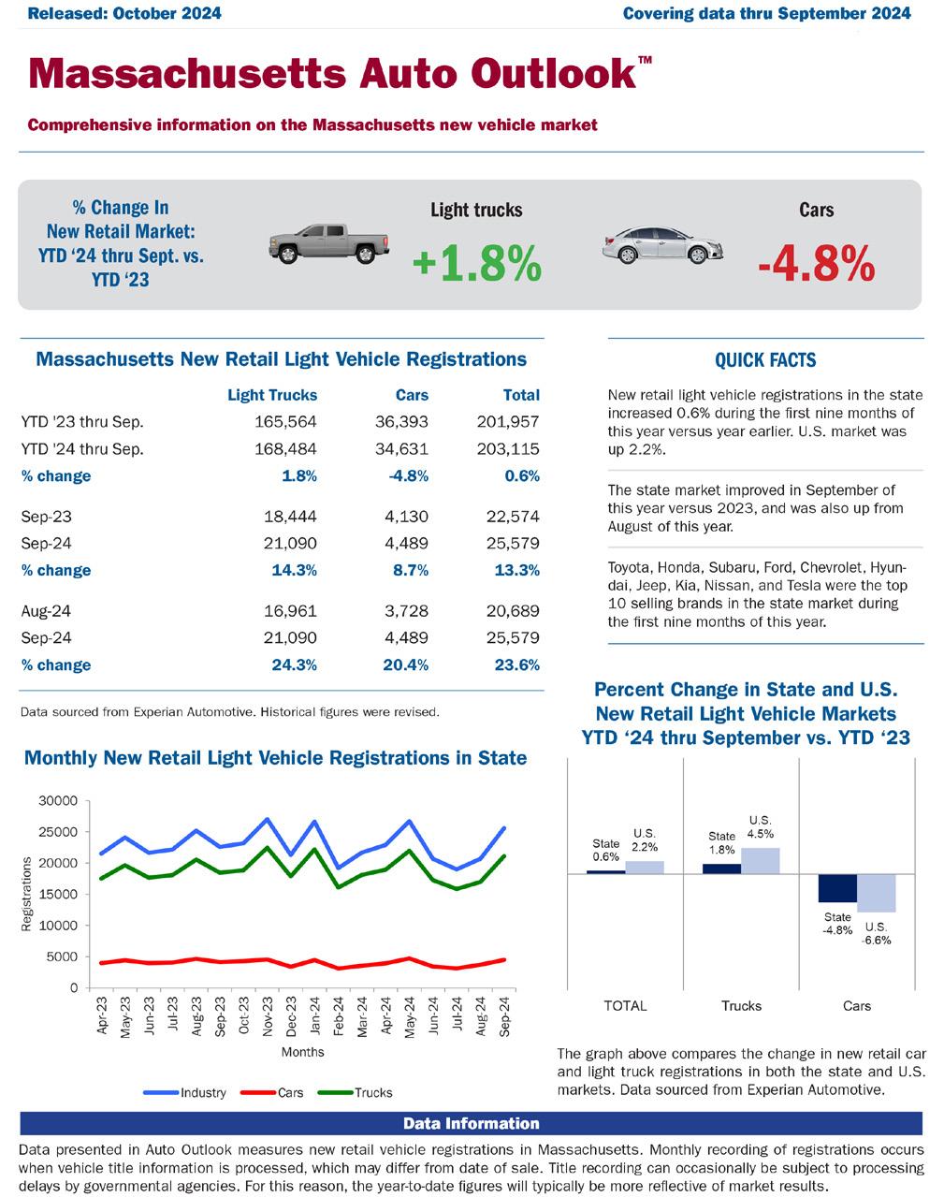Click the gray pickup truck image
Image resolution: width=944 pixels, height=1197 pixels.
point(328,244)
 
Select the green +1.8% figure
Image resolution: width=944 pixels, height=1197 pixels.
point(476,264)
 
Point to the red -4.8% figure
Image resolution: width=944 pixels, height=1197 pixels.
point(816,264)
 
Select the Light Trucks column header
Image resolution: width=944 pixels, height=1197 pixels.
point(272,395)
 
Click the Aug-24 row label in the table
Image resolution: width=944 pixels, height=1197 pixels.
point(46,611)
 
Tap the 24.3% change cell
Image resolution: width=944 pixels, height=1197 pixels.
point(294,665)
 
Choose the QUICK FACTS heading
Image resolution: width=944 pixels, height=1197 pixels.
point(765,360)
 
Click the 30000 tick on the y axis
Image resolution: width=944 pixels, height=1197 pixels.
point(58,801)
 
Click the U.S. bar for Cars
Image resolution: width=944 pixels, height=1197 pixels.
point(877,893)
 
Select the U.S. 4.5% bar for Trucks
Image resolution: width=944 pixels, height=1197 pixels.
point(760,860)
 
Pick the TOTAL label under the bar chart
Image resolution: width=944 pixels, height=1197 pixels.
point(625,1006)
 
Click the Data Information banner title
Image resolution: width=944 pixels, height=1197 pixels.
point(472,1123)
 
